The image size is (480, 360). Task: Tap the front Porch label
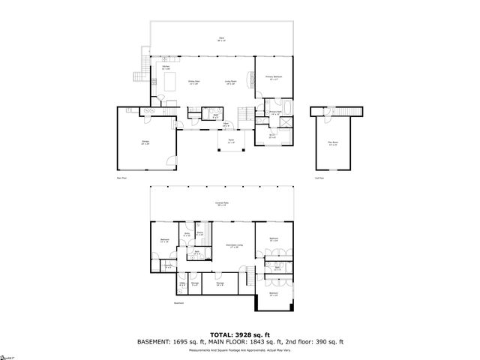pos(231,141)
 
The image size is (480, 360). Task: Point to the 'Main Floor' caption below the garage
pos(121,178)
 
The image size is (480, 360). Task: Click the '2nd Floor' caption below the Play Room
pos(320,178)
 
